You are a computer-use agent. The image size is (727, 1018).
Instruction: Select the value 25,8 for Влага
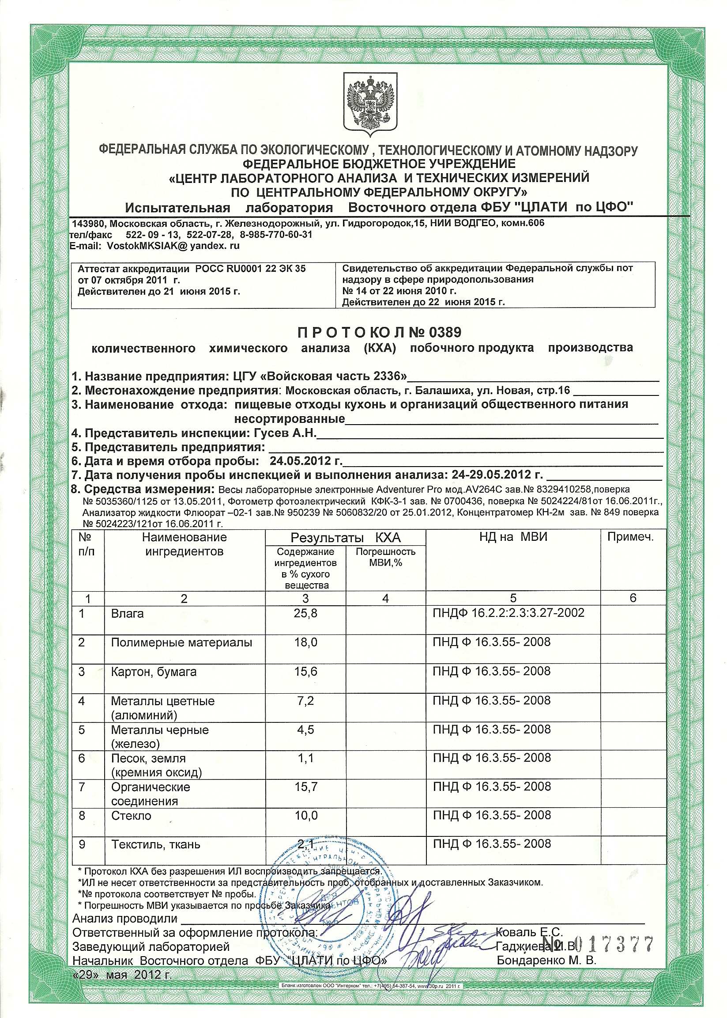[305, 613]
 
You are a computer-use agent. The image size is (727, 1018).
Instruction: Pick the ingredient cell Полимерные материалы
[181, 642]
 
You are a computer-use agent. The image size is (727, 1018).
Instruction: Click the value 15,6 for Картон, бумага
[305, 672]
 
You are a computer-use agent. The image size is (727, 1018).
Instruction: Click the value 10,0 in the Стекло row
[306, 816]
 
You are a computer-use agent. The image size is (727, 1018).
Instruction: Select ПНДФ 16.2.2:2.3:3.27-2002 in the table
[508, 612]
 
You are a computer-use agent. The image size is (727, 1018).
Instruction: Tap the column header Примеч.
[630, 537]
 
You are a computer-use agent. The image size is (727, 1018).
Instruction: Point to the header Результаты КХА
[345, 538]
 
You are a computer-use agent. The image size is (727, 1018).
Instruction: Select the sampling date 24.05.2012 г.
[305, 461]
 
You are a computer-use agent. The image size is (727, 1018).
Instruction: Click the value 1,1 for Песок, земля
[305, 758]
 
